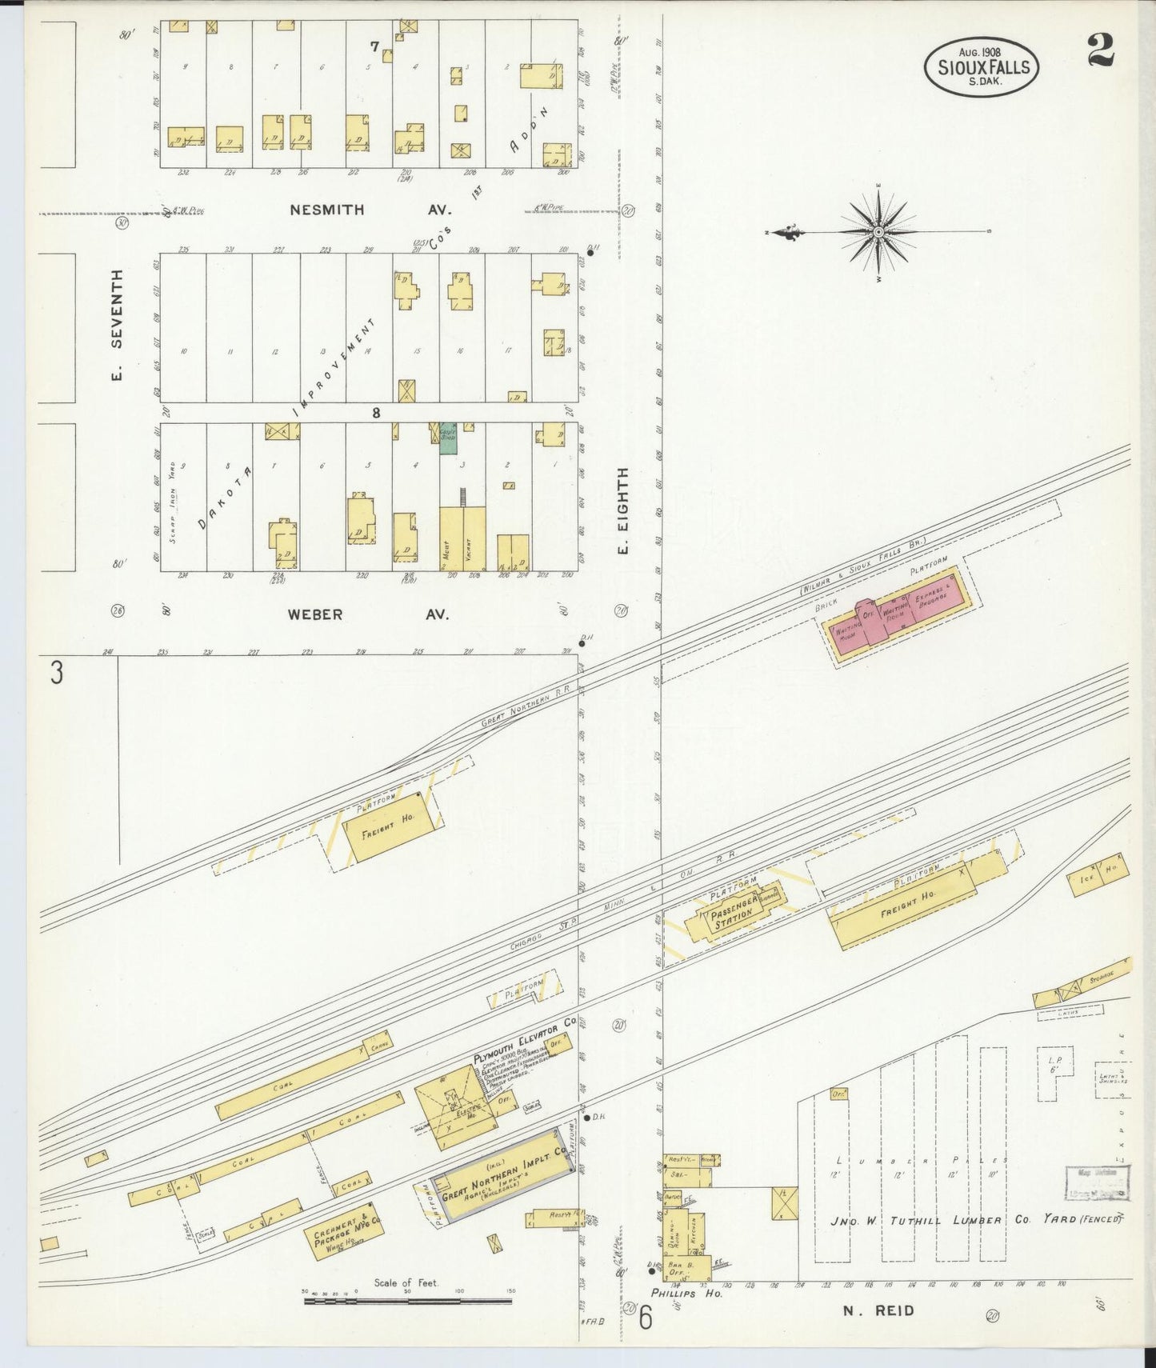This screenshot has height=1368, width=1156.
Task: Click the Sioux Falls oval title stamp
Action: [982, 67]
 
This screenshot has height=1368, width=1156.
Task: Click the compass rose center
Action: [878, 232]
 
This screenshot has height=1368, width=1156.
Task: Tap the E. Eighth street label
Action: [623, 511]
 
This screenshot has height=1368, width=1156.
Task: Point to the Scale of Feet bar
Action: [407, 1302]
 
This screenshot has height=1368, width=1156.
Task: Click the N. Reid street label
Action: [877, 1310]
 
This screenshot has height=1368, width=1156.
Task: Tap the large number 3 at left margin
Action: [56, 673]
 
